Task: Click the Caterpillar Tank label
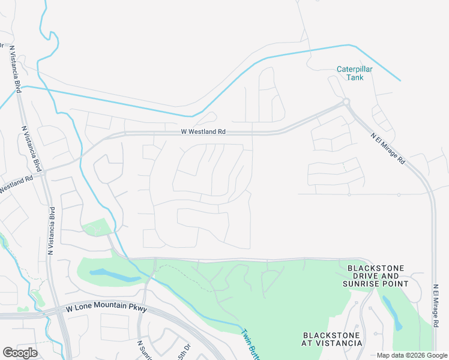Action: (x=354, y=73)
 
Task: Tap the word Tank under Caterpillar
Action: (x=354, y=77)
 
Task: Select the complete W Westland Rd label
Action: (x=203, y=131)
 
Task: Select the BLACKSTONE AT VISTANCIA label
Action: (x=333, y=339)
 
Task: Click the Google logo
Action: (x=20, y=352)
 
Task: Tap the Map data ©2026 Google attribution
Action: (x=412, y=355)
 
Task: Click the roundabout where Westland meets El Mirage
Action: (x=346, y=102)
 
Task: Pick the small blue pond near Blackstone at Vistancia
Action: (x=390, y=312)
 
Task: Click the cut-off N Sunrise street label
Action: (x=143, y=350)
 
